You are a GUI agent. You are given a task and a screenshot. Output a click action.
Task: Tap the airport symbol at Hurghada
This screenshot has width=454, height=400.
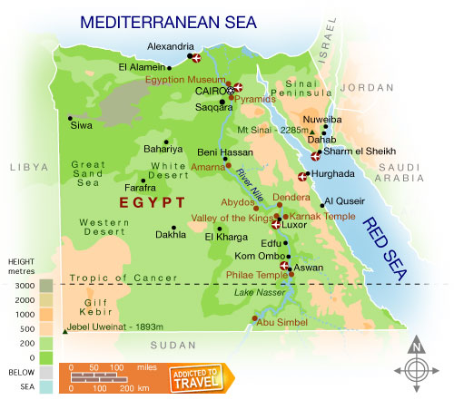[303, 176]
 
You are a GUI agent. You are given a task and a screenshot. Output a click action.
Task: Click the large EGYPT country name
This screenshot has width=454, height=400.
[152, 201]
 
